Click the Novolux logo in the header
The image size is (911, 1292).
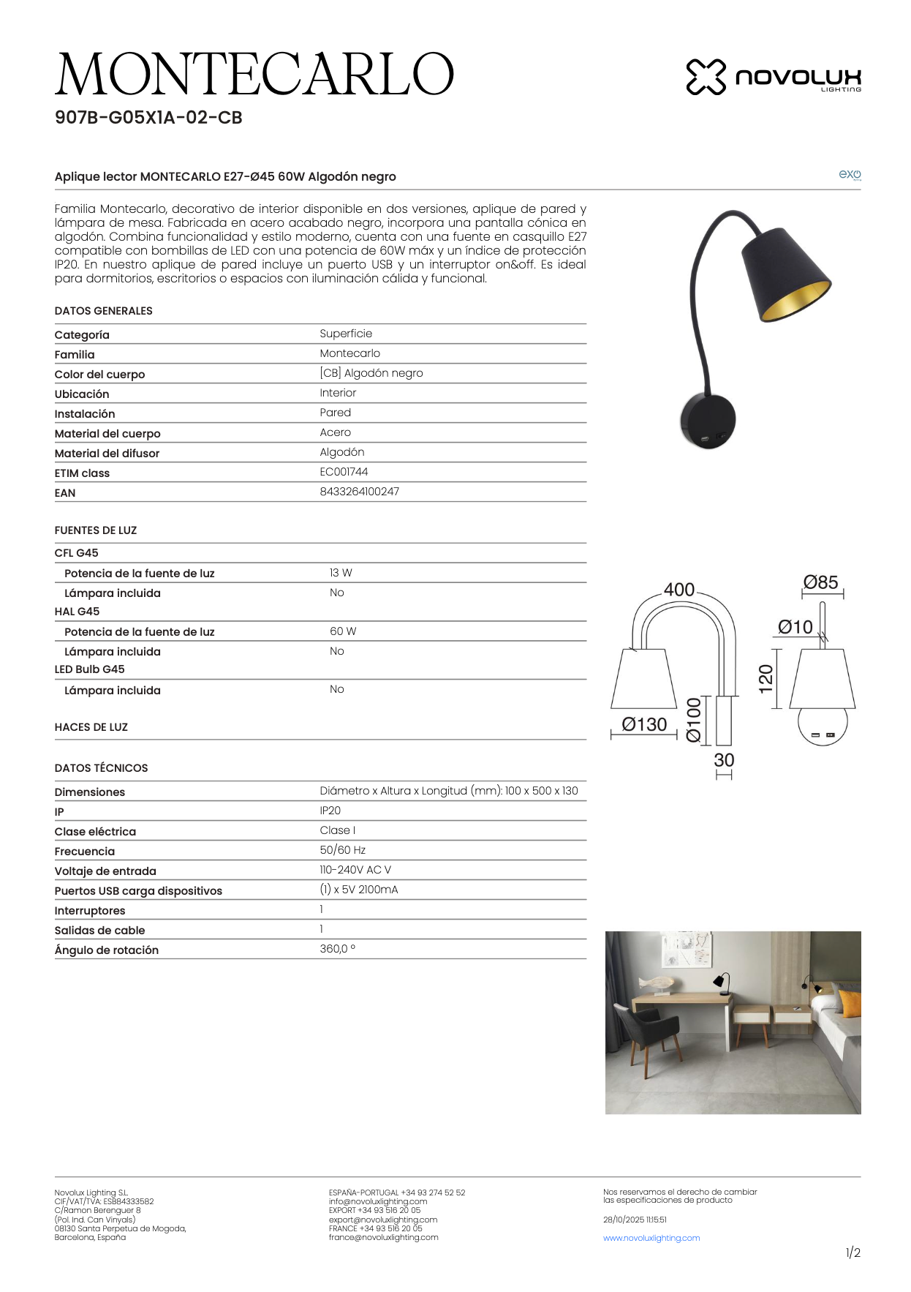(x=774, y=77)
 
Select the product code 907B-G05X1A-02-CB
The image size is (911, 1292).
(x=148, y=118)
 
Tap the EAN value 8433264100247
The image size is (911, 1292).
(x=359, y=492)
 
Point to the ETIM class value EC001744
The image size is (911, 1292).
(x=344, y=472)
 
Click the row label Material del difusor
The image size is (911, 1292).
(x=107, y=454)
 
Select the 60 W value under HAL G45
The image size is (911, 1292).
(x=342, y=631)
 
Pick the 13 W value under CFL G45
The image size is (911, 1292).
(x=341, y=573)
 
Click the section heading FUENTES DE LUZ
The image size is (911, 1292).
(x=96, y=530)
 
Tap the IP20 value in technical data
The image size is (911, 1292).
(x=330, y=811)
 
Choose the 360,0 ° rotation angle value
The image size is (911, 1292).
(x=337, y=949)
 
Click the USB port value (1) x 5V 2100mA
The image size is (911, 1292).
(x=358, y=890)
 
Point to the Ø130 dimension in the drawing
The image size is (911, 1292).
(x=644, y=724)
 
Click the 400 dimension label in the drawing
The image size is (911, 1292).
(x=678, y=590)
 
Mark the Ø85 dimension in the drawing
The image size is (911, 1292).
(x=820, y=582)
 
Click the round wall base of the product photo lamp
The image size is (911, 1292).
(x=707, y=421)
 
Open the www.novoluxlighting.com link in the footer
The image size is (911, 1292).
(x=651, y=1238)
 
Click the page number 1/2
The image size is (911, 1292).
(x=853, y=1252)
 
